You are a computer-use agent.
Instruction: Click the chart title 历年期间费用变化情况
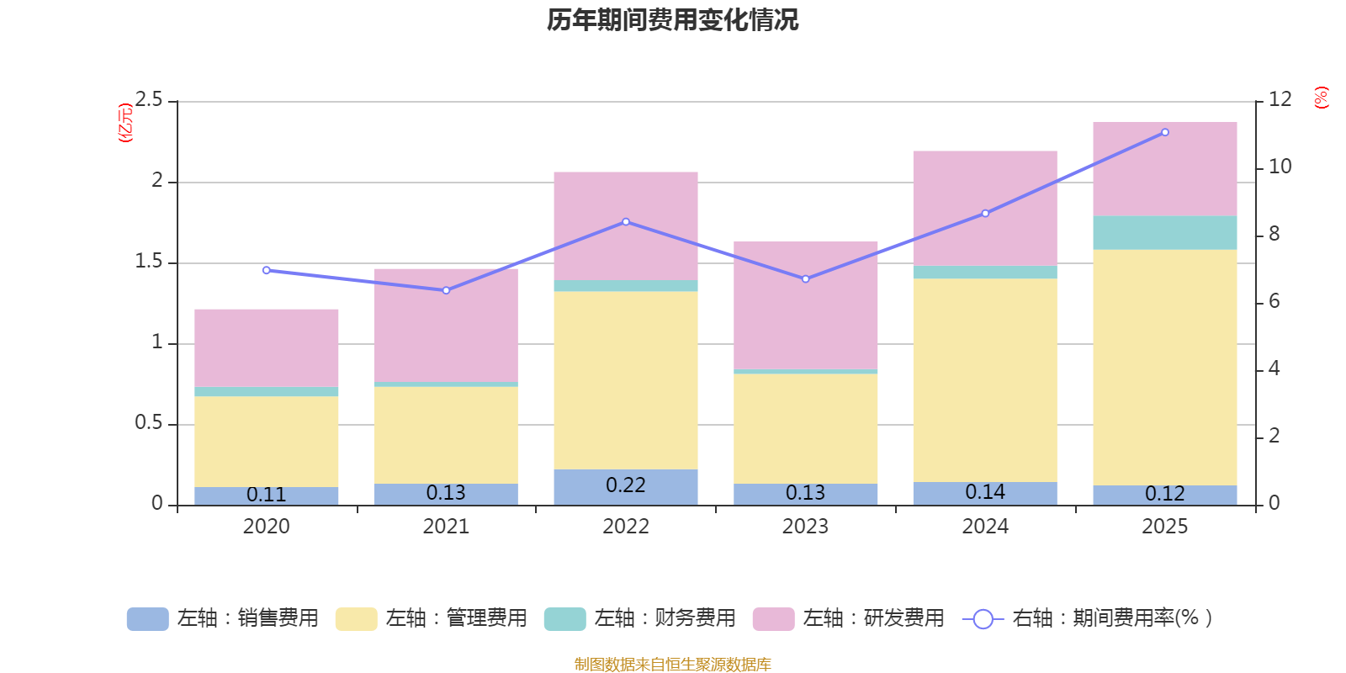(x=672, y=20)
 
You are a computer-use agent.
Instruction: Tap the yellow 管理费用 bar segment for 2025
(x=1164, y=367)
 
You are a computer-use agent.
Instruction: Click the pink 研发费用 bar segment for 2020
(x=266, y=347)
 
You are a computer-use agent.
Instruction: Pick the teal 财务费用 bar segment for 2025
(x=1164, y=232)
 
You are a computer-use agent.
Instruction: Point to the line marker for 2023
(x=805, y=278)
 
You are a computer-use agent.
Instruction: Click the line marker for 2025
(x=1164, y=132)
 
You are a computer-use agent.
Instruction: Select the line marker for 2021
(x=446, y=290)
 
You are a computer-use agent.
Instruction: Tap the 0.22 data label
(x=626, y=485)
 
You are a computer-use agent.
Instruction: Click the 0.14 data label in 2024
(x=985, y=492)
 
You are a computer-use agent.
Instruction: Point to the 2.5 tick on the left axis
(x=150, y=100)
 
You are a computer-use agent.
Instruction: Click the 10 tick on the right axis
(x=1280, y=167)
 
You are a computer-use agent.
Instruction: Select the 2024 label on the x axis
(x=985, y=527)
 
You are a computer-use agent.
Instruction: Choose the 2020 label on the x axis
(x=266, y=527)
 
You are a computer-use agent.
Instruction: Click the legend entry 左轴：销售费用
(x=223, y=618)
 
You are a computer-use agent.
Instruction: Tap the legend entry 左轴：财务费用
(x=640, y=618)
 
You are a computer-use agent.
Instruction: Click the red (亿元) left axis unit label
(x=125, y=123)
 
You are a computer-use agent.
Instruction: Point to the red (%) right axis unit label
(x=1321, y=98)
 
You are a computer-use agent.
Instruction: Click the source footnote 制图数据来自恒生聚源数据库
(x=672, y=665)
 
